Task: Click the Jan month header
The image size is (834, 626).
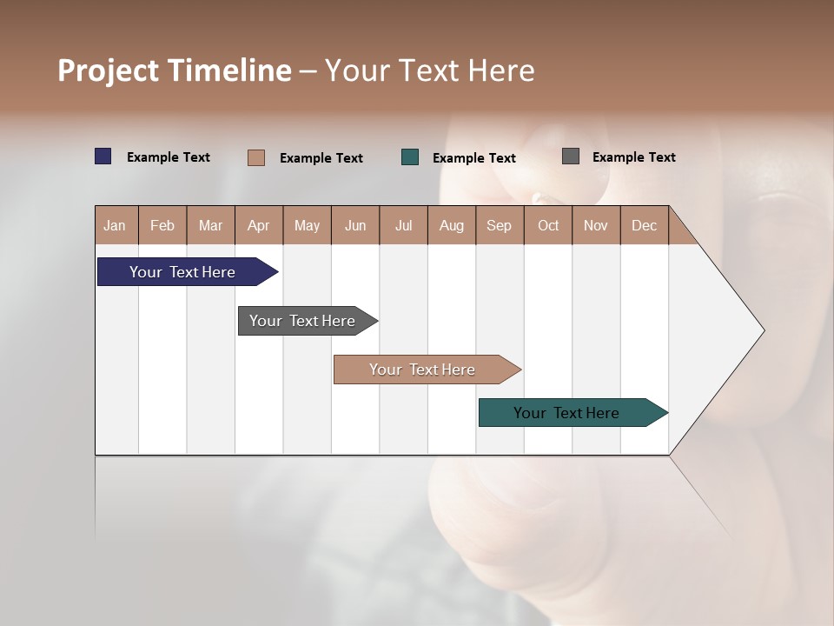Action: point(116,225)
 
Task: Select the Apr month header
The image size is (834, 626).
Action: point(259,225)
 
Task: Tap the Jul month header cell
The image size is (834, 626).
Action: point(403,225)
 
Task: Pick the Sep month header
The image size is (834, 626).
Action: point(500,225)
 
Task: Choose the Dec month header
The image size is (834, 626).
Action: point(644,225)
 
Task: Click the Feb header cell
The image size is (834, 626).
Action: point(162,225)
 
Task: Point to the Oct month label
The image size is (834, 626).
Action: point(548,225)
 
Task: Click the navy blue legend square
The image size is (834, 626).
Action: point(103,156)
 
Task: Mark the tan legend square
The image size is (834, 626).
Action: point(256,157)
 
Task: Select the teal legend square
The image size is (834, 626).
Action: point(410,157)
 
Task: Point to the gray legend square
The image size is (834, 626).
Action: point(571,156)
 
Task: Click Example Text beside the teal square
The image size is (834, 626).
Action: point(474,158)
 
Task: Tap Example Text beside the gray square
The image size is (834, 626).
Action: point(634,157)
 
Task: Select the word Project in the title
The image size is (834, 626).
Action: point(109,70)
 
